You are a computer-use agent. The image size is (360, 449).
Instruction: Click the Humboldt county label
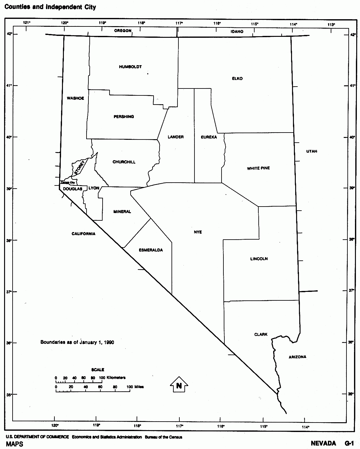click(130, 67)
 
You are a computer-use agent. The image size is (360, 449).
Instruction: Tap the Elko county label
click(237, 78)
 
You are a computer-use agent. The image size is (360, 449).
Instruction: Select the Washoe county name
click(76, 98)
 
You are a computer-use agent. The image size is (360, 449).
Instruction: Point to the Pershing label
click(124, 117)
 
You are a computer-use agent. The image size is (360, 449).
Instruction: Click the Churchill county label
click(124, 162)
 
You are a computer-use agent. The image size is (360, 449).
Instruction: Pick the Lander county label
click(176, 137)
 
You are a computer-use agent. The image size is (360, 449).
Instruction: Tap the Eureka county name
click(209, 137)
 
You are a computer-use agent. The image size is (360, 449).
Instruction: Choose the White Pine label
click(258, 168)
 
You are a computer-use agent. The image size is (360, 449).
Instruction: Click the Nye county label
click(198, 232)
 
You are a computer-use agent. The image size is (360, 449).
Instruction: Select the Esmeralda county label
click(151, 250)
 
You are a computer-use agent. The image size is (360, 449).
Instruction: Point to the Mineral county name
click(122, 212)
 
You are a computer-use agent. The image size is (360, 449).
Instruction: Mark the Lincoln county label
click(259, 259)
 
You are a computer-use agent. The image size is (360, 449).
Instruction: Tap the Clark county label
click(261, 334)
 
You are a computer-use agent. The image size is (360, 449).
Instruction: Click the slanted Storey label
click(80, 168)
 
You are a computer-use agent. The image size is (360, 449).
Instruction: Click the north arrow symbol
click(179, 384)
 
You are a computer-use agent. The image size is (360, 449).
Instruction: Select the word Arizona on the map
click(297, 357)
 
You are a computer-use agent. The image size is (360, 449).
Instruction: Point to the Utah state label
click(312, 151)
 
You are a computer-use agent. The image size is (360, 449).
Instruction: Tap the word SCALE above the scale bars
click(98, 370)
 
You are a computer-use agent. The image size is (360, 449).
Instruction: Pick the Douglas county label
click(72, 189)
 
